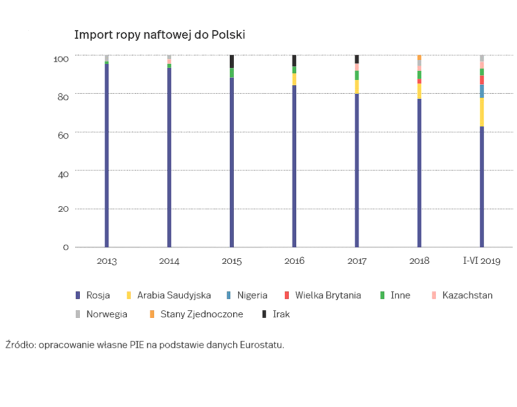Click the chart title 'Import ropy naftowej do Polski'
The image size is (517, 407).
click(x=159, y=35)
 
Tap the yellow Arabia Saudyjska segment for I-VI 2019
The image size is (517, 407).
click(x=482, y=112)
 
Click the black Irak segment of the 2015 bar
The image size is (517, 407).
click(x=232, y=61)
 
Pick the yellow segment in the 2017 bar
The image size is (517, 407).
click(x=357, y=87)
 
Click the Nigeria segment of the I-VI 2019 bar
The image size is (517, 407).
click(x=482, y=91)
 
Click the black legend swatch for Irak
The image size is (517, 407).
click(x=264, y=314)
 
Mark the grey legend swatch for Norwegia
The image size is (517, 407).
click(x=77, y=314)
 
